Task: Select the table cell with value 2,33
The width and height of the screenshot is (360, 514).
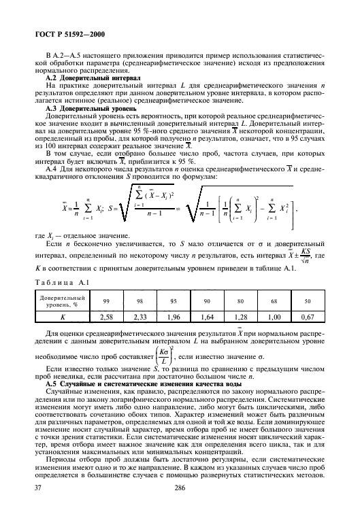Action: click(x=142, y=317)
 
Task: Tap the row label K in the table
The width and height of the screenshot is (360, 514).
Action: click(x=62, y=317)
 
